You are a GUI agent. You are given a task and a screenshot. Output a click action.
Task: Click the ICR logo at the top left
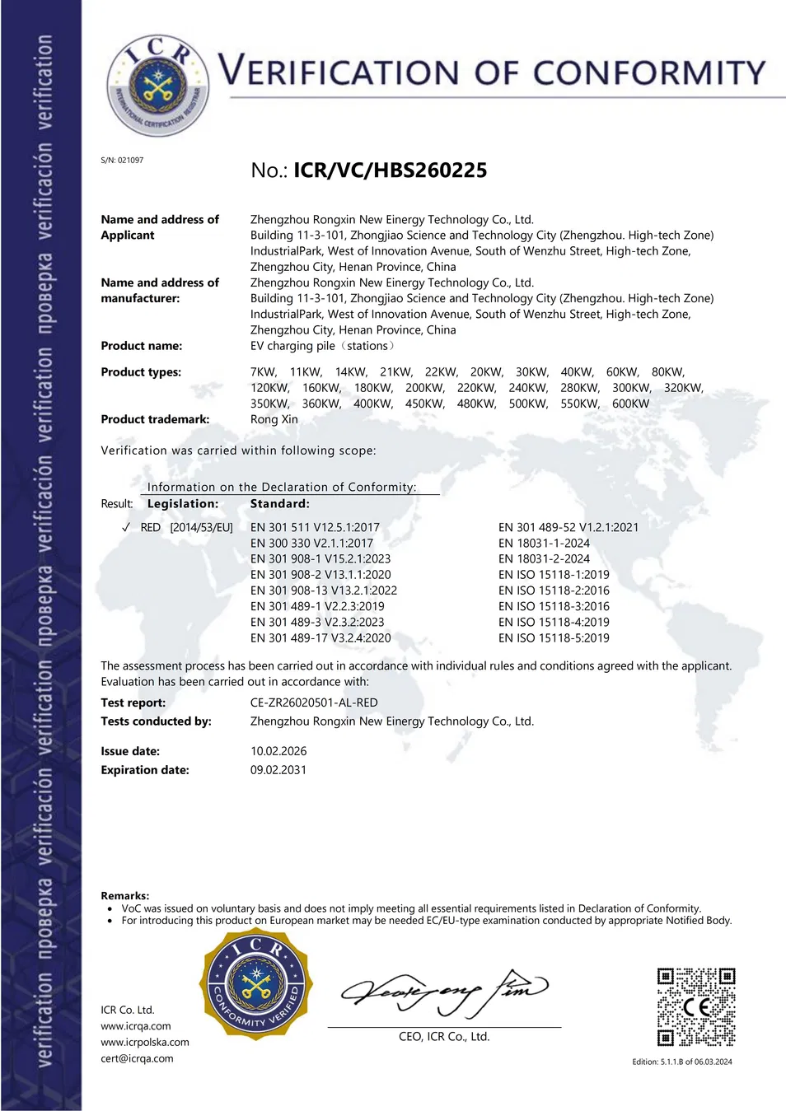[x=157, y=85]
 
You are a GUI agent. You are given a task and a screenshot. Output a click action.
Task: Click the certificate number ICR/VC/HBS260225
[x=390, y=170]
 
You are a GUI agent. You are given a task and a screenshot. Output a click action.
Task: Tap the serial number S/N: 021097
[x=122, y=161]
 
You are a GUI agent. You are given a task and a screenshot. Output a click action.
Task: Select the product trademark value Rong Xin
[x=274, y=419]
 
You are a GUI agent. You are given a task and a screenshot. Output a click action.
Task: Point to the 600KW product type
[x=630, y=404]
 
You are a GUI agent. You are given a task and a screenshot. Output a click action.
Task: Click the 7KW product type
[x=264, y=372]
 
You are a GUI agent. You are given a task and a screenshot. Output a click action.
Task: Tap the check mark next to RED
[x=126, y=527]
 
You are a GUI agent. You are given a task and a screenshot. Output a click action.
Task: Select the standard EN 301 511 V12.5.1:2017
[x=315, y=527]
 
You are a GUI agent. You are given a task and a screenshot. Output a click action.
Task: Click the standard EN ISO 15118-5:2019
[x=554, y=637]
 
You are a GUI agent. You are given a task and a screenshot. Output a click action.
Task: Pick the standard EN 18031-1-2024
[x=544, y=543]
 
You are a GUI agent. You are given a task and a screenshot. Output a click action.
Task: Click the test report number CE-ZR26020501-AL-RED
[x=314, y=703]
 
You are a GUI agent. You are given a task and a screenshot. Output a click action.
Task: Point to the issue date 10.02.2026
[x=278, y=751]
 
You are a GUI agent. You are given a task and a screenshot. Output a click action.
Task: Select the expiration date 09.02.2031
[x=278, y=770]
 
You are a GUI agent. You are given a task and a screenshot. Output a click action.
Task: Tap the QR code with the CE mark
[x=696, y=1006]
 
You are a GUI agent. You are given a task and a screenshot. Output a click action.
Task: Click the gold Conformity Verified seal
[x=256, y=985]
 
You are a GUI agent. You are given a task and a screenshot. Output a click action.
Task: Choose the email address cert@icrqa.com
[x=137, y=1058]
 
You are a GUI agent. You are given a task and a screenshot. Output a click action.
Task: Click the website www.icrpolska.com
[x=145, y=1042]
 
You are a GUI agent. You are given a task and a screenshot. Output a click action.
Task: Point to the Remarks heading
[x=125, y=895]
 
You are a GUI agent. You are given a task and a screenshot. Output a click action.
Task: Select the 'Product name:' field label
[x=142, y=346]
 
